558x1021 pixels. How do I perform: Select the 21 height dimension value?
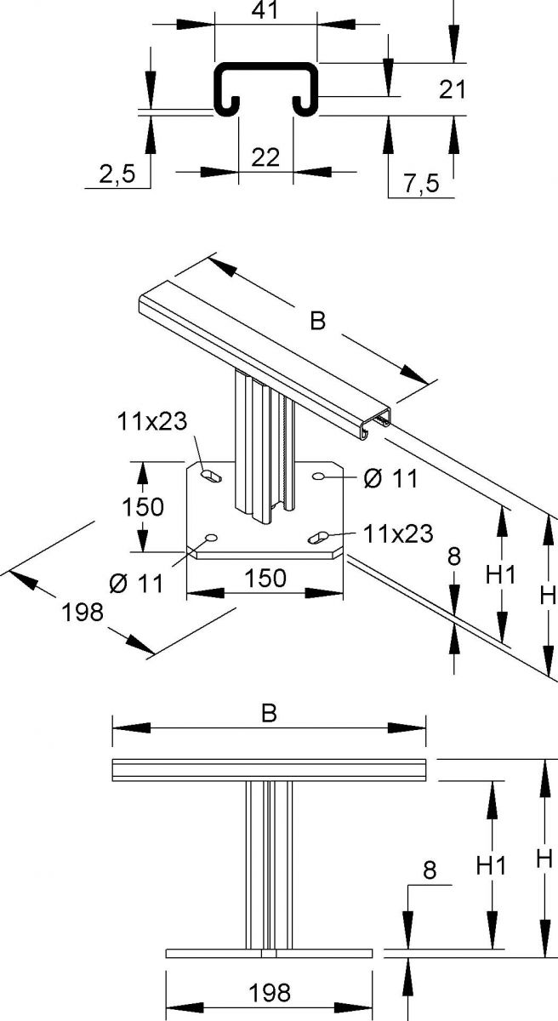coord(454,88)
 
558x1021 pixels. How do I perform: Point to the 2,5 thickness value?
coord(117,174)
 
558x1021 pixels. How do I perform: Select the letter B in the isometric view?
coord(317,321)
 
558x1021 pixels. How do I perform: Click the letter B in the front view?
coord(269,714)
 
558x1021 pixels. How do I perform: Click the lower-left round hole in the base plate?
coord(209,538)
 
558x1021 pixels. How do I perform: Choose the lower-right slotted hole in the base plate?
coord(320,536)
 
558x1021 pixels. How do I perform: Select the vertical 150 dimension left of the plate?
coord(142,507)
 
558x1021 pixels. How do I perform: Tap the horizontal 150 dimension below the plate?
coord(265,579)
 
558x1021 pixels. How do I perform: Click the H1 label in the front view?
coord(491,866)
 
